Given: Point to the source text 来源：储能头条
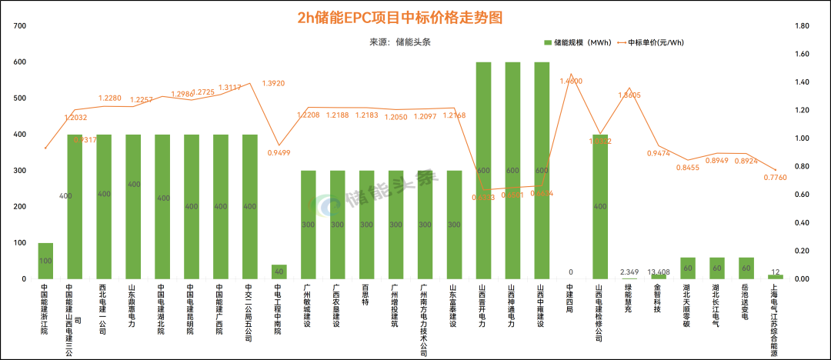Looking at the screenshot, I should pyautogui.click(x=400, y=42).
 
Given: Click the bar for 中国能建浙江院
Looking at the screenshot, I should pyautogui.click(x=45, y=261).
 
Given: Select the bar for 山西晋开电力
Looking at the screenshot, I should pyautogui.click(x=483, y=170).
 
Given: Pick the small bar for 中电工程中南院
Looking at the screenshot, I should pyautogui.click(x=279, y=272).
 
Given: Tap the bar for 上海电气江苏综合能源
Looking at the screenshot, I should pyautogui.click(x=775, y=277).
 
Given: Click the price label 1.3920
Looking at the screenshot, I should pyautogui.click(x=274, y=83).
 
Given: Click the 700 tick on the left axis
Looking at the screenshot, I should pyautogui.click(x=20, y=25).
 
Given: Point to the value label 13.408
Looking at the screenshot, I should pyautogui.click(x=659, y=272).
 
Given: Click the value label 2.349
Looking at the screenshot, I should pyautogui.click(x=630, y=272).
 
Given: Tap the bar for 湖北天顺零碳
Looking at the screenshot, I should pyautogui.click(x=688, y=268).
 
